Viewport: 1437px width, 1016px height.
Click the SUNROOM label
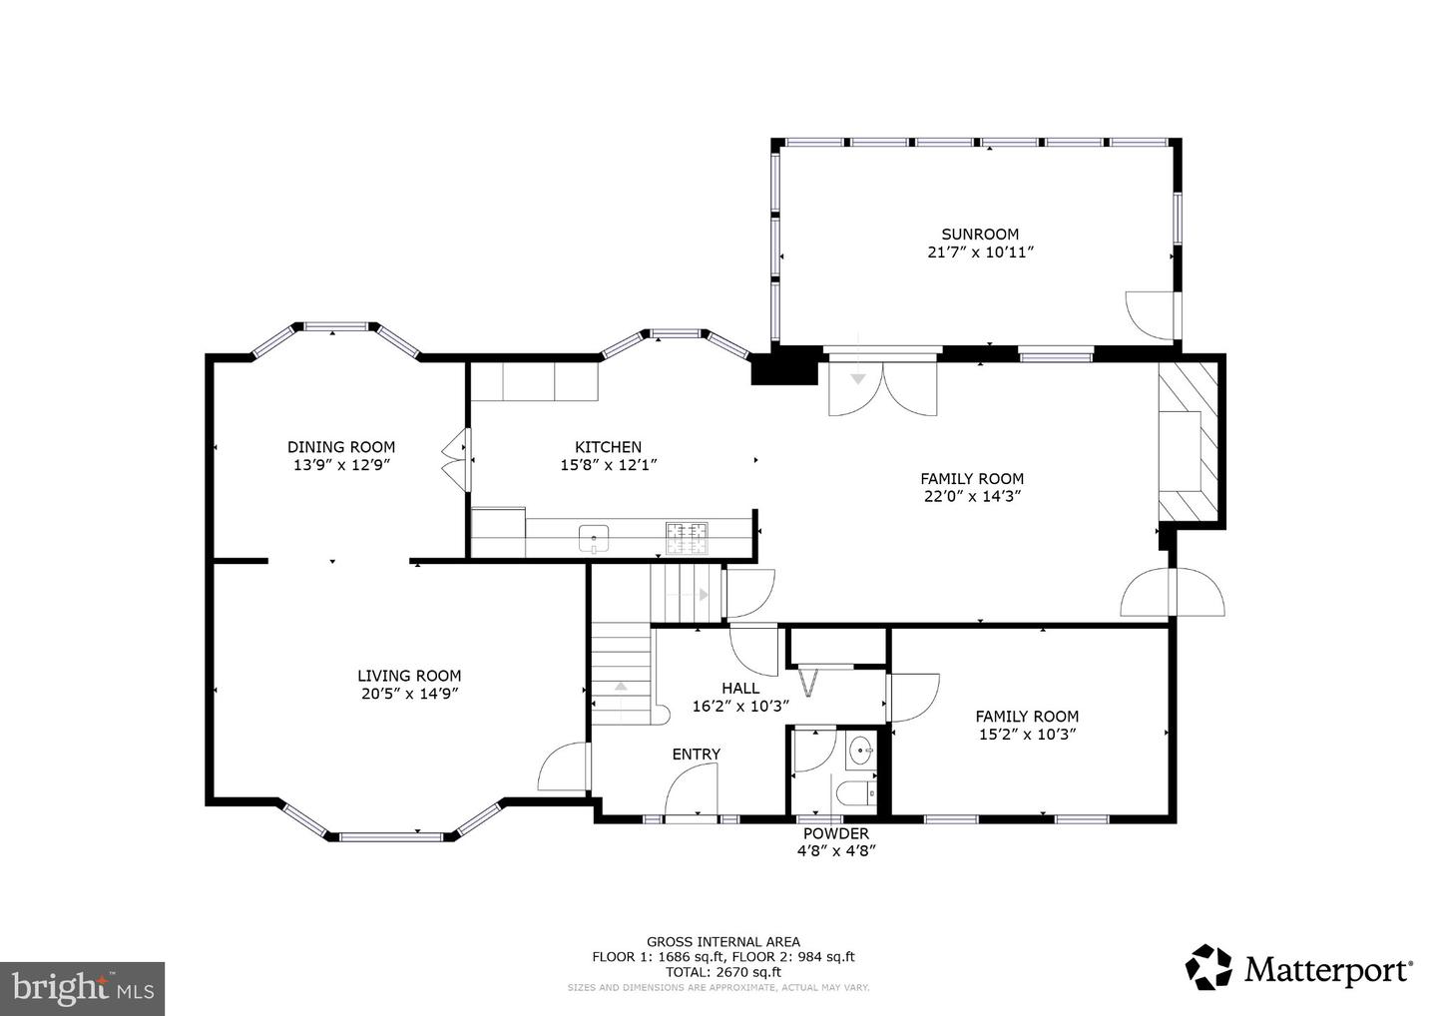[x=980, y=235]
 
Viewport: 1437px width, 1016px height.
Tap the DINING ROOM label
[x=341, y=447]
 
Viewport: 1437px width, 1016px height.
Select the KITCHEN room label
[x=608, y=447]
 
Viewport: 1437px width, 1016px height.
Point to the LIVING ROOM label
[x=409, y=676]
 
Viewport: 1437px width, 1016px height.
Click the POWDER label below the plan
[x=836, y=833]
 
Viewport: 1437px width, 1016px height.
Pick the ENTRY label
[x=697, y=755]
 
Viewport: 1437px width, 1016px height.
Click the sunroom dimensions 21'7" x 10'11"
[x=980, y=253]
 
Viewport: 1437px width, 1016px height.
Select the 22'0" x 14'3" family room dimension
[x=972, y=496]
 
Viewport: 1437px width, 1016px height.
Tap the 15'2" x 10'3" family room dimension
[x=1027, y=734]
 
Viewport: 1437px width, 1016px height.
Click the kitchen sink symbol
[x=594, y=538]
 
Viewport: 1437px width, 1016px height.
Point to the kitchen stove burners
[x=687, y=538]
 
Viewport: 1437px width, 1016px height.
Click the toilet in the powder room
[x=856, y=794]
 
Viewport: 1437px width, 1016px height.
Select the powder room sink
[x=860, y=752]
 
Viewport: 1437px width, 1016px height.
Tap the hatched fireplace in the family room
[x=1188, y=442]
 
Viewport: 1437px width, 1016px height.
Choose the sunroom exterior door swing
[x=1152, y=315]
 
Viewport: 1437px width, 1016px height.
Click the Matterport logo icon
[x=1207, y=967]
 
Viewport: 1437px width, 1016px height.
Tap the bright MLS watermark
[x=82, y=988]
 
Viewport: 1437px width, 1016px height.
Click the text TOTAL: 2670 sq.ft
[x=722, y=972]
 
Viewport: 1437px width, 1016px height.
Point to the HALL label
[x=740, y=689]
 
